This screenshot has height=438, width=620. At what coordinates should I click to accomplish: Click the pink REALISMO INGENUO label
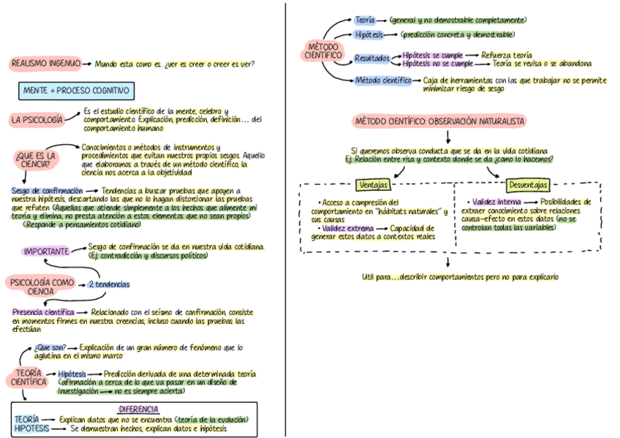45,64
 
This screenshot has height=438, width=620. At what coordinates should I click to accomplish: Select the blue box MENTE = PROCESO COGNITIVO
75,91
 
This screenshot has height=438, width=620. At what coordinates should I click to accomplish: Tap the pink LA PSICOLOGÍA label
37,119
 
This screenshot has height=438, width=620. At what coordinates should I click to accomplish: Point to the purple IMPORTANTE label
46,252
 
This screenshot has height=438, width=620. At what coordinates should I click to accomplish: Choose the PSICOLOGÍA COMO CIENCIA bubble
40,285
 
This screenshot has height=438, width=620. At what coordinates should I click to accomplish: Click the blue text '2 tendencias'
109,284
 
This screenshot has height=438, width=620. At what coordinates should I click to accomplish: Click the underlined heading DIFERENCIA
137,409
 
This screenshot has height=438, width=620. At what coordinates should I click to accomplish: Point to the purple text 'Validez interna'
496,201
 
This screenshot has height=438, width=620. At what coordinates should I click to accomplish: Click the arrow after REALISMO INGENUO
87,64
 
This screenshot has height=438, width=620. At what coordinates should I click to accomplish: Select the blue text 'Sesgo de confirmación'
47,191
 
